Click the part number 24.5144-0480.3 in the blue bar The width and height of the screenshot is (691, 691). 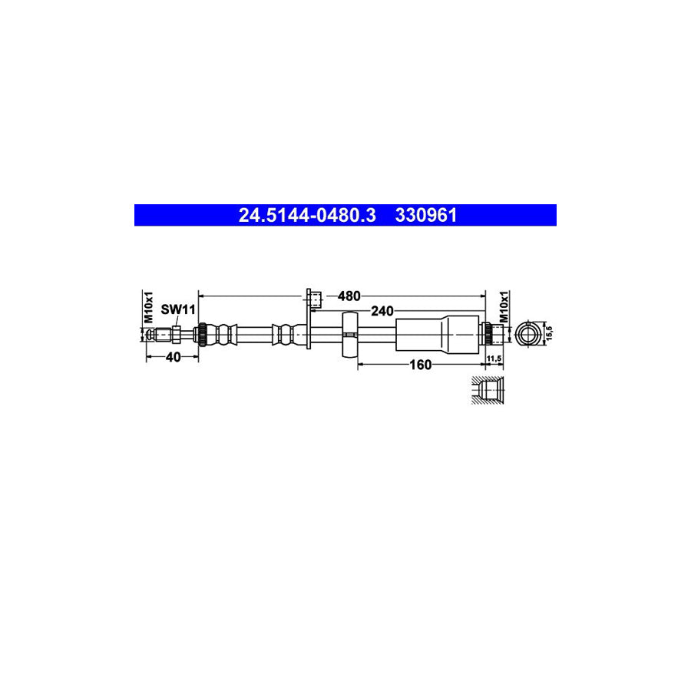307,216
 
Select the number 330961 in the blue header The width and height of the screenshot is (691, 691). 426,216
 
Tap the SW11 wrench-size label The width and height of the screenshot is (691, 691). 178,309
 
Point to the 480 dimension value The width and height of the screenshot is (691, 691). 349,296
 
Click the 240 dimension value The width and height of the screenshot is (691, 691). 382,311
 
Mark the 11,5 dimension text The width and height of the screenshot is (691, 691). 494,359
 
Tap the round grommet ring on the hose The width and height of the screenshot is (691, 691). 349,335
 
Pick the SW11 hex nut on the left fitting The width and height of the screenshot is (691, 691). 176,334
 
